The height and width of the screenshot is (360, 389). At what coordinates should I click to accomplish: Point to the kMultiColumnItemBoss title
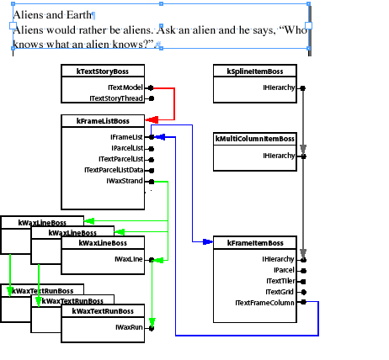tap(254, 139)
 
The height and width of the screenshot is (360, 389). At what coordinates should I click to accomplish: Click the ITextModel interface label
tap(125, 87)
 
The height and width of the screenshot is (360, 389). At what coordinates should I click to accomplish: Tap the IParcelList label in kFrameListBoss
tap(125, 148)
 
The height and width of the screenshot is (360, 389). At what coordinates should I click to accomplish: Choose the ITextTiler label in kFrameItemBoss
tap(280, 281)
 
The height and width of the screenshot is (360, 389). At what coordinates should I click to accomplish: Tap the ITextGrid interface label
tap(280, 291)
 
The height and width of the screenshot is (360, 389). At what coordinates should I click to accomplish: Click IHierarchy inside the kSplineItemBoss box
tap(278, 87)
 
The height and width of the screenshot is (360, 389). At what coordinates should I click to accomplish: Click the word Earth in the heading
tap(74, 15)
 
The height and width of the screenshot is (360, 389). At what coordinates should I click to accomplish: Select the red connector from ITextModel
tap(173, 103)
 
